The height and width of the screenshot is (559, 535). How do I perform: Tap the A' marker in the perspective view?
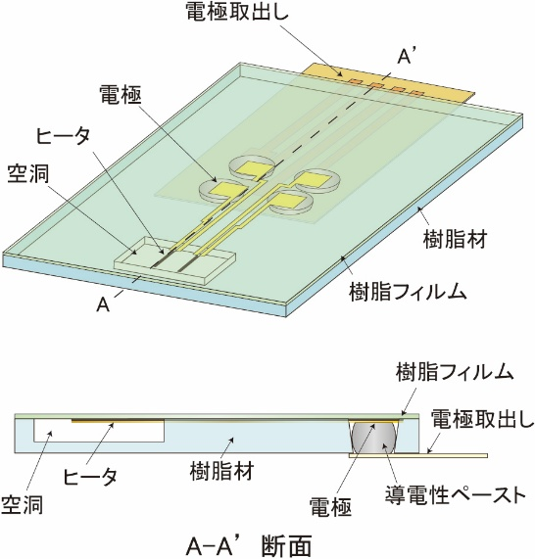click(x=406, y=57)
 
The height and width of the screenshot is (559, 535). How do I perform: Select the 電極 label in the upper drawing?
click(x=121, y=96)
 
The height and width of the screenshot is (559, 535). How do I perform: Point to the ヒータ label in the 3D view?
click(x=63, y=137)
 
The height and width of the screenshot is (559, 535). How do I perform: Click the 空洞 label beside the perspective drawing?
click(x=27, y=174)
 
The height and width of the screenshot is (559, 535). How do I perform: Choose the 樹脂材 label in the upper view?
click(x=455, y=239)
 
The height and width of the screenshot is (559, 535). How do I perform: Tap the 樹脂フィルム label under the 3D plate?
click(x=408, y=292)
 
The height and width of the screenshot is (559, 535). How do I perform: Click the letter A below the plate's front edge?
click(x=103, y=305)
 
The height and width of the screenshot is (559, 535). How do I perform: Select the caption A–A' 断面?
click(x=249, y=544)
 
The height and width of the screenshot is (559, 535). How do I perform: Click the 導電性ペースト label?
click(x=456, y=494)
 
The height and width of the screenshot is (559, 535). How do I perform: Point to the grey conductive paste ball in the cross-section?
click(x=374, y=437)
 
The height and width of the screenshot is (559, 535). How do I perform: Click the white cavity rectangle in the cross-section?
click(x=99, y=431)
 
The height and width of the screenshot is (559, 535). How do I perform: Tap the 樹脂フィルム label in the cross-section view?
click(x=455, y=372)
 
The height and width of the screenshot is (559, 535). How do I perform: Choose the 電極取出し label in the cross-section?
click(x=482, y=419)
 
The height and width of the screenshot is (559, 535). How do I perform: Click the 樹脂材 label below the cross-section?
click(x=221, y=471)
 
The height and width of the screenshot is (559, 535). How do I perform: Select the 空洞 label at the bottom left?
click(x=23, y=504)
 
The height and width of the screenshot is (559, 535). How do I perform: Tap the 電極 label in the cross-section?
click(x=330, y=506)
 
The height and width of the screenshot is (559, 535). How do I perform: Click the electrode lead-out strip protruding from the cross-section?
click(x=418, y=455)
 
